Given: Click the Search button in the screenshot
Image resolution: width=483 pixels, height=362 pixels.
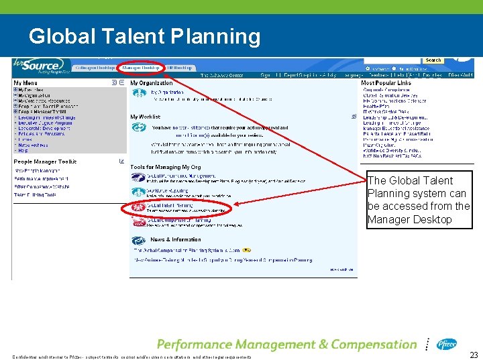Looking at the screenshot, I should (433, 60).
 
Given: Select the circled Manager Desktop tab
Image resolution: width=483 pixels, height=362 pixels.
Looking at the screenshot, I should (140, 68).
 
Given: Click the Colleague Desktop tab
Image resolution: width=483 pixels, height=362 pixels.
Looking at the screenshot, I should (95, 68).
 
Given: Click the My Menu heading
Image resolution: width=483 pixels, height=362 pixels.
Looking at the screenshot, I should (26, 83).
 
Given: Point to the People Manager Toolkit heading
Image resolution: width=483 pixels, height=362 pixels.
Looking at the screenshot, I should (45, 162).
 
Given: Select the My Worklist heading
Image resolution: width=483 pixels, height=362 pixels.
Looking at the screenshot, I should (146, 117).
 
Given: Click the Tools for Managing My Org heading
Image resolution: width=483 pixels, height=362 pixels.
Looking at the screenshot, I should (165, 167).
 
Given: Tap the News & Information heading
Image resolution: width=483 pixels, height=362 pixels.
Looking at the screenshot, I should (176, 239).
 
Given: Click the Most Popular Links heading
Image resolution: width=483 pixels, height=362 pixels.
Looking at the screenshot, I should (387, 83).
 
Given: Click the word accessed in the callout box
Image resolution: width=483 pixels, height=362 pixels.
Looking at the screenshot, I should (402, 206).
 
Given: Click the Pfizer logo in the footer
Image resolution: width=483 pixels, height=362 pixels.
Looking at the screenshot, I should (447, 344).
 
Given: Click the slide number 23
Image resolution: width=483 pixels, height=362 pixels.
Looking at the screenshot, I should (474, 355).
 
